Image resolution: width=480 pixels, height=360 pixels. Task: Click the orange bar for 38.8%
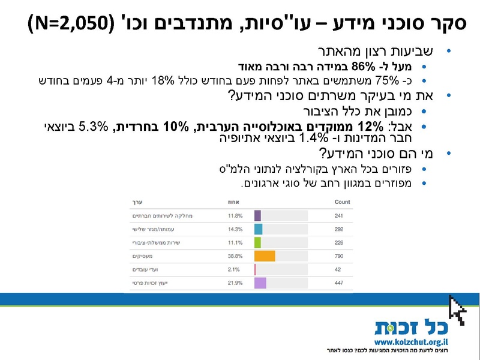point(265,256)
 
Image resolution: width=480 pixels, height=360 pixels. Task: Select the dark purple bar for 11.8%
point(257,215)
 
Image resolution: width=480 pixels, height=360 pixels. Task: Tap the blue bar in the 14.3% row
point(258,229)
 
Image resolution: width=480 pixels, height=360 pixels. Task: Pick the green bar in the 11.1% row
point(257,242)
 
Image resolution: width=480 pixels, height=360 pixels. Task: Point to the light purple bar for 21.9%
point(260,283)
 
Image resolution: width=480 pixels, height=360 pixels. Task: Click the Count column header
point(342,202)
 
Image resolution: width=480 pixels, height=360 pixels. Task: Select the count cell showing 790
point(340,256)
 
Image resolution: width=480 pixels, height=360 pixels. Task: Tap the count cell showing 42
point(338,269)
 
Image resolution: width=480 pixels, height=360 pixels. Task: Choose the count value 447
point(340,283)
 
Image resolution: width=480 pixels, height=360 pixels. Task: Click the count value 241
point(340,215)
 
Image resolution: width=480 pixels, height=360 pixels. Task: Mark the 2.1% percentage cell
point(234,269)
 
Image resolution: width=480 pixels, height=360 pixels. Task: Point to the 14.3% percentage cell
point(235,229)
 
